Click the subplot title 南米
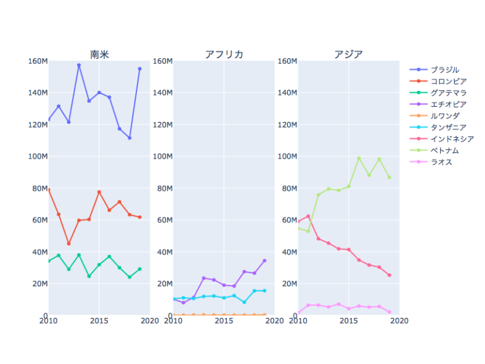tap(99, 54)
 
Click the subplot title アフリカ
tap(224, 54)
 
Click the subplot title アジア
tap(349, 54)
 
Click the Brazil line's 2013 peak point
tap(79, 65)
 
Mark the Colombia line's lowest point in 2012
tap(69, 243)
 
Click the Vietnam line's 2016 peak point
tap(359, 158)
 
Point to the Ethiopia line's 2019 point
tap(265, 260)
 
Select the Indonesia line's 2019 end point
tap(389, 275)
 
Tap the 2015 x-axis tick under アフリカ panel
tap(224, 321)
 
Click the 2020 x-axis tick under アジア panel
tap(399, 321)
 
